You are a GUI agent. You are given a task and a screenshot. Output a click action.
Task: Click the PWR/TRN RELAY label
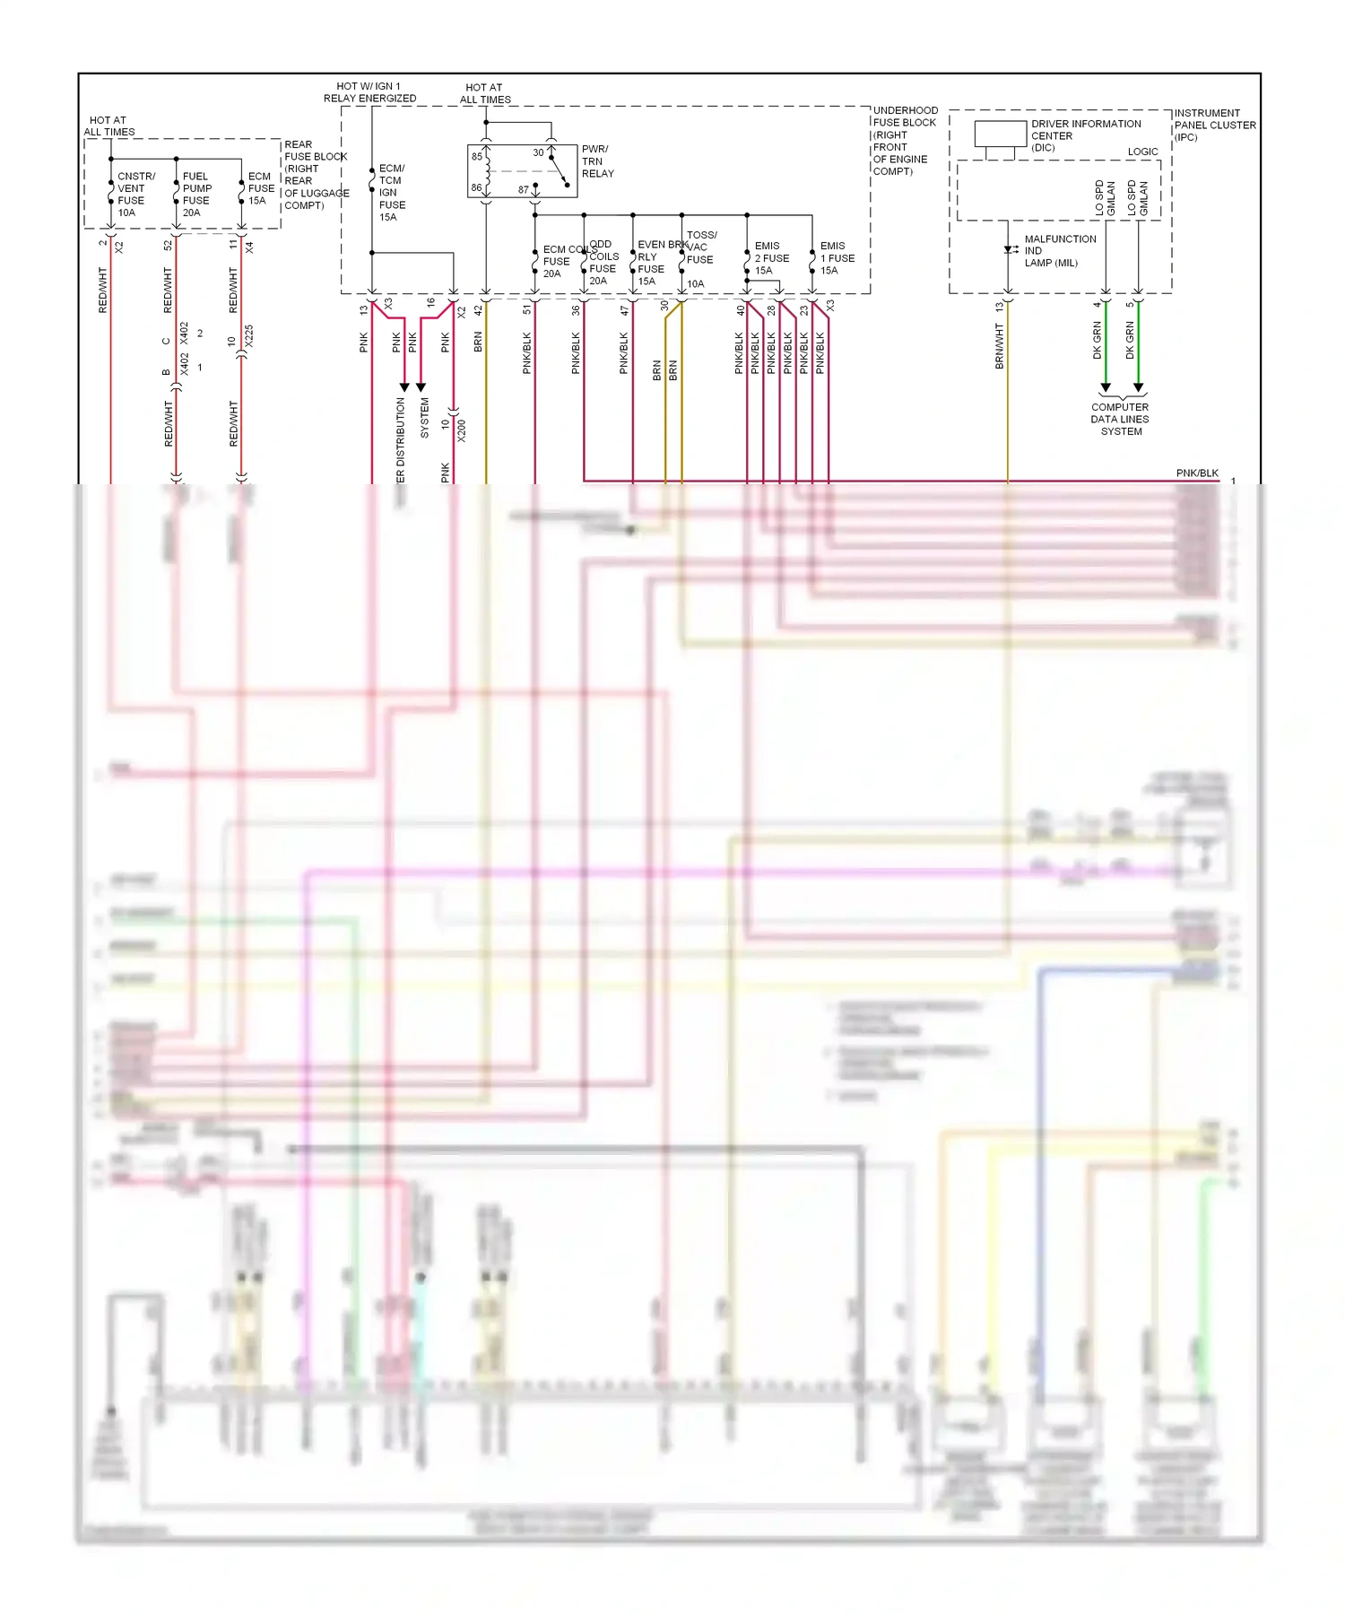[x=597, y=161]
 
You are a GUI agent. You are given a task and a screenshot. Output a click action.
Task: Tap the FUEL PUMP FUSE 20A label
[x=196, y=195]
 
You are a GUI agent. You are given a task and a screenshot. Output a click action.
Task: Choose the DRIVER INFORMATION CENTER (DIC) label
[x=1085, y=135]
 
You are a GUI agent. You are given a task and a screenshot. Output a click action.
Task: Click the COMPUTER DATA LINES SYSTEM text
[x=1120, y=419]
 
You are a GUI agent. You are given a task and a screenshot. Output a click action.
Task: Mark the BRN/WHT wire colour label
[x=999, y=347]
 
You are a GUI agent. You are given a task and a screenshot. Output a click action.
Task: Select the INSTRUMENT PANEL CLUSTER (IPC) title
[x=1214, y=125]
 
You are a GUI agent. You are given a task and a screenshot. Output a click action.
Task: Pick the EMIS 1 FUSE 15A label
[x=837, y=258]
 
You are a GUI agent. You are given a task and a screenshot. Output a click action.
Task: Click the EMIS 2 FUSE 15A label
[x=771, y=258]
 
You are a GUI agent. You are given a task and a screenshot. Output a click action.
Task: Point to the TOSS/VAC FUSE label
[x=700, y=247]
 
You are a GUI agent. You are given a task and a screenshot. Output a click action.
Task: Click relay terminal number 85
[x=477, y=156]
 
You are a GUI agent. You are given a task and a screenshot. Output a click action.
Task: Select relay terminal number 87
[x=523, y=190]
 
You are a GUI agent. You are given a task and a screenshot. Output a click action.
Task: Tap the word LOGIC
[x=1142, y=152]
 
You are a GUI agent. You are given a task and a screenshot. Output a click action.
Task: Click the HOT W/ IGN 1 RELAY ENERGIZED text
[x=369, y=92]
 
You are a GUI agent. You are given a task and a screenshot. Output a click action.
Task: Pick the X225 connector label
[x=248, y=336]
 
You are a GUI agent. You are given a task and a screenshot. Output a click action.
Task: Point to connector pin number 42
[x=478, y=310]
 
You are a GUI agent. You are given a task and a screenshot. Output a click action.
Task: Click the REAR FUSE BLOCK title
[x=315, y=175]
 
